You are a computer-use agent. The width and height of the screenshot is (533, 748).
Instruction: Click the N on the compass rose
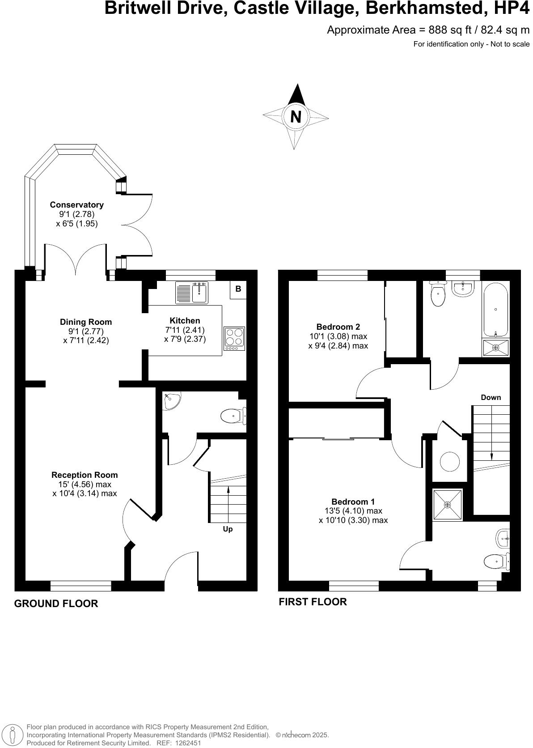296,117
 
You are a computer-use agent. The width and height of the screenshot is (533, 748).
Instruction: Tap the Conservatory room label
76,205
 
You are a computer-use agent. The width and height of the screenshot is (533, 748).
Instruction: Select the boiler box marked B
238,289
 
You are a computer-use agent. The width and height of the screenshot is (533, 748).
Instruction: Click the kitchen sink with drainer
191,293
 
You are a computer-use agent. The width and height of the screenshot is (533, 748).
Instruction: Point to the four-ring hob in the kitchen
234,339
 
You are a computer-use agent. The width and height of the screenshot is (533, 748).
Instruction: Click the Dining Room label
86,322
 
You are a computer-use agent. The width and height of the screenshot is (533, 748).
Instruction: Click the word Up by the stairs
228,529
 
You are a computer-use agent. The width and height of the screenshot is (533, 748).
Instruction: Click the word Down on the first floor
491,397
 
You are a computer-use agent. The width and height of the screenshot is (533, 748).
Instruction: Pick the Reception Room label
85,475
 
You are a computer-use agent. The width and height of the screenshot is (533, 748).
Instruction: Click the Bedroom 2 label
338,327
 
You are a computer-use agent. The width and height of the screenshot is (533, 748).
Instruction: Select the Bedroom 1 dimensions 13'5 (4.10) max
353,511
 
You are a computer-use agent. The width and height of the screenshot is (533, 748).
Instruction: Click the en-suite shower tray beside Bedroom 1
447,505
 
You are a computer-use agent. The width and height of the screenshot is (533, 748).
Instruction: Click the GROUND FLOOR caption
56,603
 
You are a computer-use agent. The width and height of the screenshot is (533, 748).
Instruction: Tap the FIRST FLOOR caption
313,602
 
